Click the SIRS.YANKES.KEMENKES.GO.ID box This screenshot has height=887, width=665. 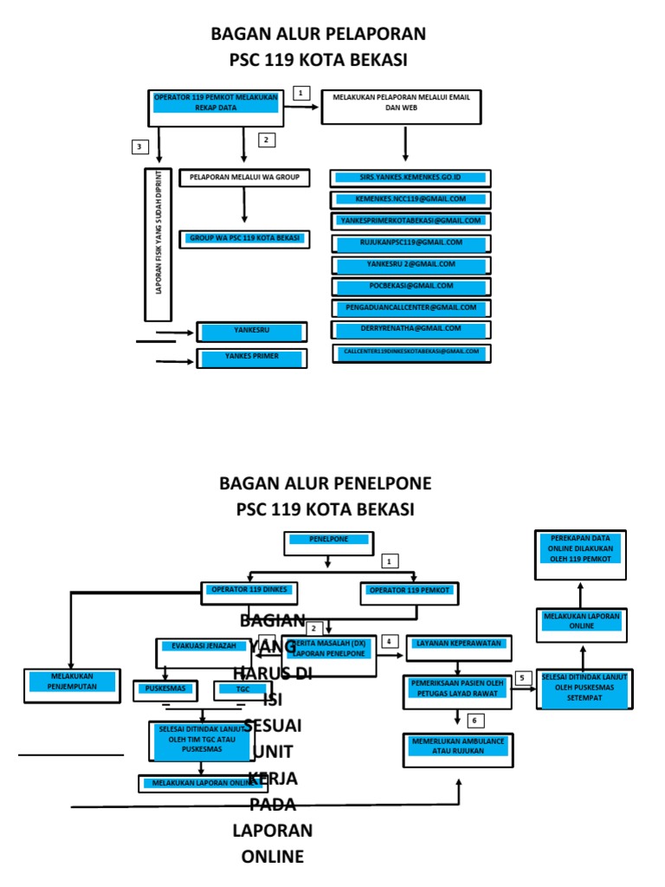pos(410,178)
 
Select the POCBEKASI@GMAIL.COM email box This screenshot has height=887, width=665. pos(410,287)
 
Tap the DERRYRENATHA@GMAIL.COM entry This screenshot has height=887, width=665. pos(410,329)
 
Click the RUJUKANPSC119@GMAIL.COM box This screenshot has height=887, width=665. pos(410,243)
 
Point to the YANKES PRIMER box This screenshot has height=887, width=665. pos(252,357)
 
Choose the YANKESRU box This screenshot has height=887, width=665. pos(252,331)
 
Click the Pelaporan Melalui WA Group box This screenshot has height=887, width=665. pos(244,178)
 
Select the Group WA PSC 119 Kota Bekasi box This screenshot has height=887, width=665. pos(244,238)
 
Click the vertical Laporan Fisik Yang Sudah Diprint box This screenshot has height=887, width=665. pos(158,244)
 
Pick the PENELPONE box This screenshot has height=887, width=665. pos(328,542)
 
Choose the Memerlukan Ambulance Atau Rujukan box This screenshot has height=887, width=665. pos(458,748)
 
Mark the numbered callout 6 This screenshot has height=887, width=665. pos(474,721)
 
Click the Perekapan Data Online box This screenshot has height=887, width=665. pos(580,554)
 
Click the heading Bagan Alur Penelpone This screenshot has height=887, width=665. pos(325,483)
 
